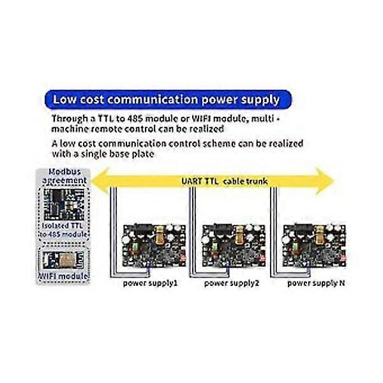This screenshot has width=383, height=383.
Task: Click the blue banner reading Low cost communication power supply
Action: coord(168,100)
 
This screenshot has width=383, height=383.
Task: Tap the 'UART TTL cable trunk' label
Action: coord(224,181)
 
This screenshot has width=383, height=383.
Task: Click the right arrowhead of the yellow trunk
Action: coord(325,181)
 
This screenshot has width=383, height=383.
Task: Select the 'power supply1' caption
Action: coord(150,283)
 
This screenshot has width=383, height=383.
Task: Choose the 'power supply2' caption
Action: coord(231,283)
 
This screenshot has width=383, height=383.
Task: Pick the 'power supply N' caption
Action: coord(316,283)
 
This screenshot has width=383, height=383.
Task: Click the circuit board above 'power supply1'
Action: coord(154,245)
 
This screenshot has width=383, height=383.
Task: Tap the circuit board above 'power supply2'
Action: coord(234,245)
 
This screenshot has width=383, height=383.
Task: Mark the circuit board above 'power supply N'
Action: coord(314,245)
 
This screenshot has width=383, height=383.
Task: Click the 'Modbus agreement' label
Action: coord(64,176)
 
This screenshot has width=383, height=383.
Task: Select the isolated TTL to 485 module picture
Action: coord(64,204)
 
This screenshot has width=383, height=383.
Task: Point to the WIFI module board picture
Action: coord(63,260)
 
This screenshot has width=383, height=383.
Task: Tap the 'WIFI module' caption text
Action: coord(63,276)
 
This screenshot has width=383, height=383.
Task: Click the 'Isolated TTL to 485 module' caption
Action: coord(63,230)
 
